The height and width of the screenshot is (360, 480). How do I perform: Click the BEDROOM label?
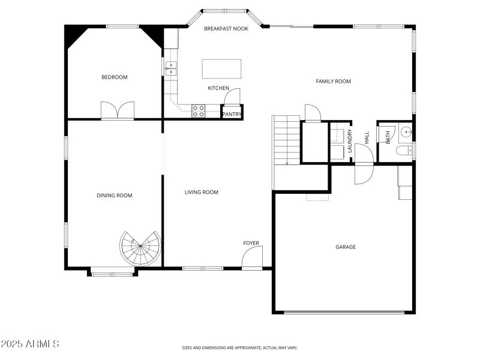click(114, 77)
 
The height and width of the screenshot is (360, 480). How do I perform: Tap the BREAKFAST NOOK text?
click(226, 29)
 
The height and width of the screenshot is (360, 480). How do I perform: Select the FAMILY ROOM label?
click(333, 81)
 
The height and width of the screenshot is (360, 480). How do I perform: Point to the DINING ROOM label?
click(114, 195)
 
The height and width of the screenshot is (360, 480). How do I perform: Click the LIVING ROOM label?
click(201, 192)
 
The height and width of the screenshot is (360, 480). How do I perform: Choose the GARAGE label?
click(346, 247)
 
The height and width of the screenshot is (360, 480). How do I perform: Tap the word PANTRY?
click(232, 114)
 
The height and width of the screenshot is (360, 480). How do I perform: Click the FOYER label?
click(251, 243)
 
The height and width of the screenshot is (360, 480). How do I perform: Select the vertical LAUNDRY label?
click(350, 142)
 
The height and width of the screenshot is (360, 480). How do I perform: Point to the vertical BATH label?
click(388, 137)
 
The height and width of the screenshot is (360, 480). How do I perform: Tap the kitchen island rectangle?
click(221, 68)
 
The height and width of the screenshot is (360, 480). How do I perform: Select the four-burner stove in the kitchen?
click(199, 111)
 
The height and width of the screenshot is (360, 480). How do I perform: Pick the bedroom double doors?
click(118, 110)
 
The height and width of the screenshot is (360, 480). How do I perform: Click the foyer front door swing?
click(252, 258)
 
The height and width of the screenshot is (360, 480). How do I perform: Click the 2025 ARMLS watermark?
click(30, 344)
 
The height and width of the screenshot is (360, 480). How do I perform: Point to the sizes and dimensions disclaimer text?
click(240, 347)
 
